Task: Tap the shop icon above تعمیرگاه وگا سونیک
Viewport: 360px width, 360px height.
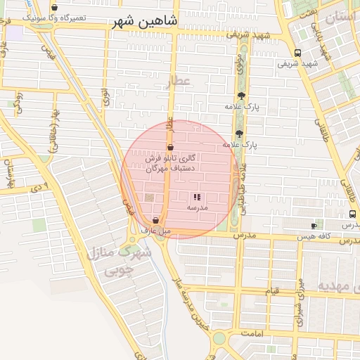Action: pos(54,7)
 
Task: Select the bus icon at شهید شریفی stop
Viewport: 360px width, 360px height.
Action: pos(298,53)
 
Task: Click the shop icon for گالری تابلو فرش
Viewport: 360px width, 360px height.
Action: pos(171,148)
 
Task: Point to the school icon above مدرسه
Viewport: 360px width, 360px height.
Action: pos(196,198)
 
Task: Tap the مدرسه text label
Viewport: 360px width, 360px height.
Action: pos(196,208)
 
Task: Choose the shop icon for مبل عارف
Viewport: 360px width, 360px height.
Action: pos(155,221)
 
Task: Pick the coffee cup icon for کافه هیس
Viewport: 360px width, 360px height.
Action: pos(314,226)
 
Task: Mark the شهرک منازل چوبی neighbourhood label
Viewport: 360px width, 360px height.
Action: pos(118,260)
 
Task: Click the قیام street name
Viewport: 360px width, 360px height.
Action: pos(272,291)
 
